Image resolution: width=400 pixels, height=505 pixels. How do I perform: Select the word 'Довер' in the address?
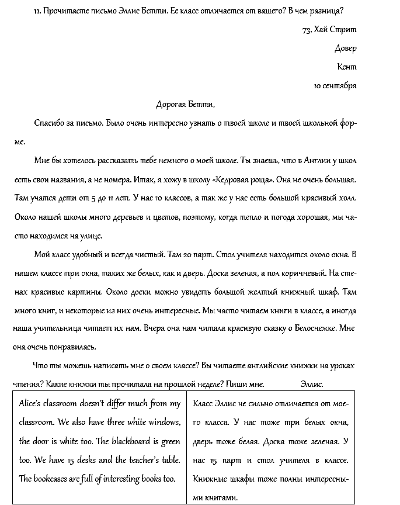point(345,48)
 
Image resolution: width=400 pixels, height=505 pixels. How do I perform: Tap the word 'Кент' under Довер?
point(346,67)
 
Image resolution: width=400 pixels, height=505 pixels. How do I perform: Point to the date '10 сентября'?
point(335,85)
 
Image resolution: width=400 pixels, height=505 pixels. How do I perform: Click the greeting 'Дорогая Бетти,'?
point(186,105)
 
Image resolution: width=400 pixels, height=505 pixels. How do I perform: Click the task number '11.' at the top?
point(38,11)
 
